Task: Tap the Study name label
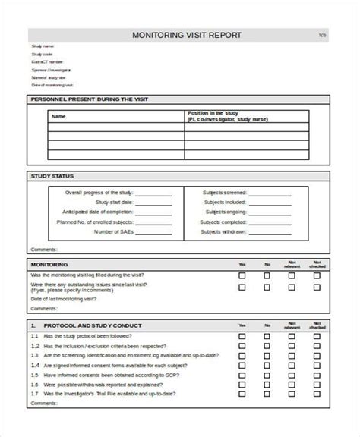coord(43,47)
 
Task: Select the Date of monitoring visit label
coord(52,85)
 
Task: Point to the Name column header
coord(58,117)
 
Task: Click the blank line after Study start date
coord(154,203)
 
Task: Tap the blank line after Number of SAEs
coord(154,231)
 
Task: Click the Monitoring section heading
coord(49,263)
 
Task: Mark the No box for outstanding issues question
coord(267,287)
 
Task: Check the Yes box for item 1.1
coord(242,335)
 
